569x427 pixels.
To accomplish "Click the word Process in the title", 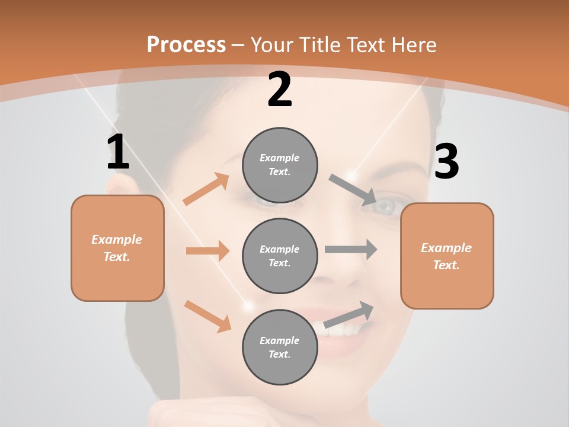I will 186,44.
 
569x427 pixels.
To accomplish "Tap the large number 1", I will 118,152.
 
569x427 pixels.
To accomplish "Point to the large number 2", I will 280,90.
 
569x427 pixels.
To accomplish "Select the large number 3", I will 446,161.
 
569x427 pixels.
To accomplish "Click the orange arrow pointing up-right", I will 206,189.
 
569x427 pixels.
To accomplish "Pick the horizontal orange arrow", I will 207,251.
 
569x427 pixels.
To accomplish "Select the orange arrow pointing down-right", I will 207,316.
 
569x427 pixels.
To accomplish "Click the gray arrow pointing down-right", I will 353,190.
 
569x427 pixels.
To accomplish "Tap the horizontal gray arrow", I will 351,250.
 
